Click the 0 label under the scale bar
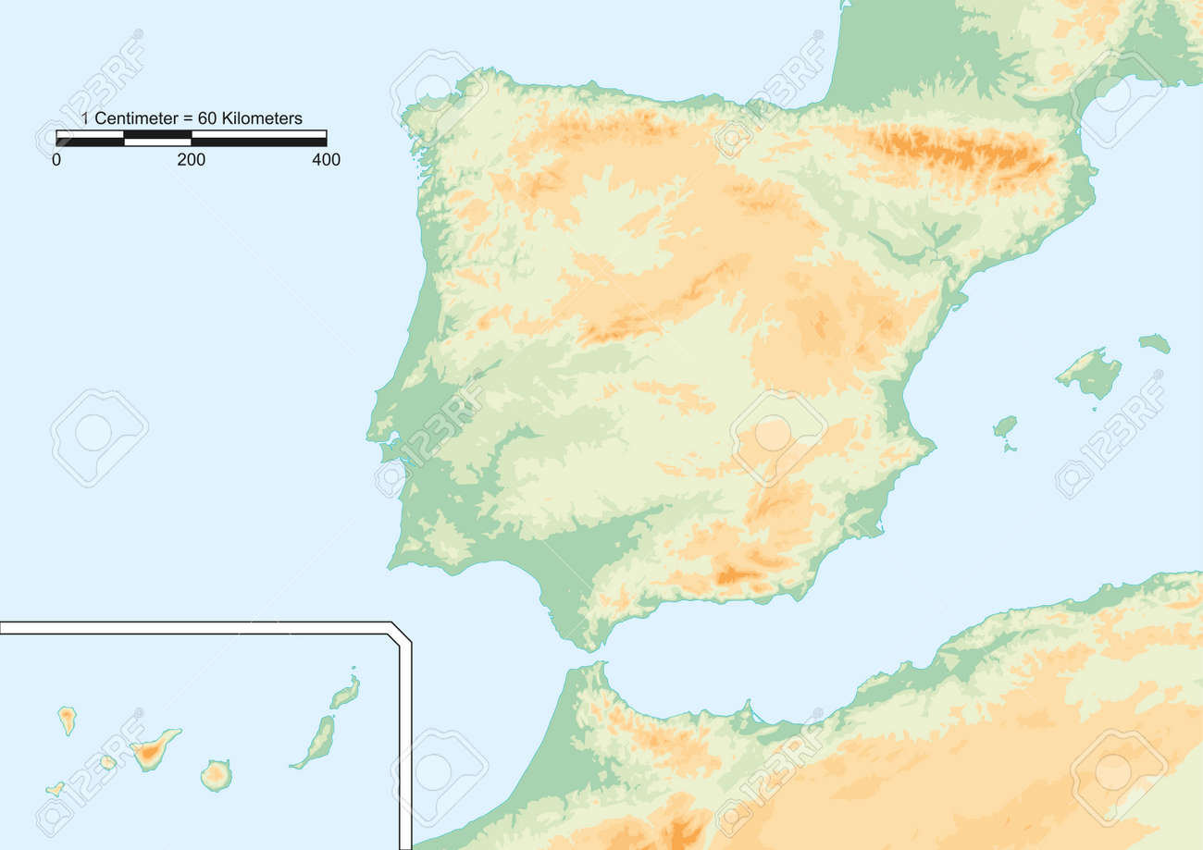click(x=56, y=160)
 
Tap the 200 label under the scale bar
click(x=192, y=160)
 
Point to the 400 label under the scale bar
click(x=326, y=160)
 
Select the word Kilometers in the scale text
click(x=262, y=118)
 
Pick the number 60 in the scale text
click(x=207, y=118)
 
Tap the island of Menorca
click(x=1154, y=343)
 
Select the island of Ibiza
click(x=1004, y=425)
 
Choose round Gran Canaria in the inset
click(x=216, y=775)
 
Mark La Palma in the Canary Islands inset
click(x=67, y=719)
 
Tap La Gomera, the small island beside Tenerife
click(x=107, y=762)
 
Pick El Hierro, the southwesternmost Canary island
click(x=56, y=789)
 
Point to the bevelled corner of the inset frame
click(x=401, y=634)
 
